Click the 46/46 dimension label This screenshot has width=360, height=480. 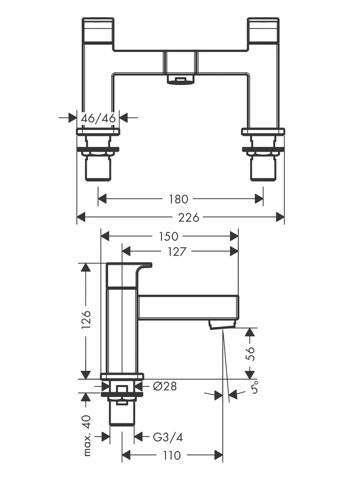pos(98,118)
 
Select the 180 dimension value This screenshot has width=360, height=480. pos(178,199)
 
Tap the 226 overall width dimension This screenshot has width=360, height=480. pos(189,218)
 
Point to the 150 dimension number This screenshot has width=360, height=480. pos(168,236)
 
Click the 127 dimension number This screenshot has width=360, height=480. pos(177,252)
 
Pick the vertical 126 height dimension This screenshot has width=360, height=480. pos(86,319)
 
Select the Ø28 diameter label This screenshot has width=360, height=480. pos(165,386)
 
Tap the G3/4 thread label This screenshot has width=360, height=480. pos(168,437)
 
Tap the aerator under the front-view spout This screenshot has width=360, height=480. pos(180,80)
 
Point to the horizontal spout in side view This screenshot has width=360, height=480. pos(189,308)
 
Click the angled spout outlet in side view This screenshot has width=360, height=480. pos(222,324)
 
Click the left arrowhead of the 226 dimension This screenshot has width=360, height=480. pos(81,217)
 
